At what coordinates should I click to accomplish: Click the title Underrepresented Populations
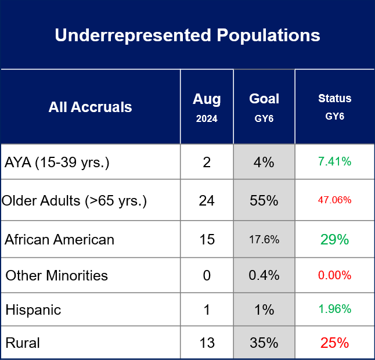187,35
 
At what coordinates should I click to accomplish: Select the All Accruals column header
90,107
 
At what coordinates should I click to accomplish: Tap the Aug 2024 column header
207,107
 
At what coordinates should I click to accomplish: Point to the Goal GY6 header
264,107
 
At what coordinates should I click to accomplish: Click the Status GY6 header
335,107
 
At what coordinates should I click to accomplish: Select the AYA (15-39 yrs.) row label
57,163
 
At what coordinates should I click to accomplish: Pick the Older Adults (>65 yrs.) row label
74,200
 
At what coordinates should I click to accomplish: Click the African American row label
59,239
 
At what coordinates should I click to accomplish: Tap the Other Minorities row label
57,275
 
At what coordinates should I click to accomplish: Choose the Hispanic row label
33,310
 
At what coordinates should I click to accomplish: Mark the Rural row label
23,343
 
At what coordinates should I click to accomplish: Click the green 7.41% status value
335,161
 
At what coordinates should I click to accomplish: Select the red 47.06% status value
335,200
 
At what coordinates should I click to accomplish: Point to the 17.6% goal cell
264,239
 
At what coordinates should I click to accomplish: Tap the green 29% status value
335,239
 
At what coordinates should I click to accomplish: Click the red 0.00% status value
335,275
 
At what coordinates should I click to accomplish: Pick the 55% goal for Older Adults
264,200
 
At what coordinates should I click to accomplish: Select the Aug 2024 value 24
207,200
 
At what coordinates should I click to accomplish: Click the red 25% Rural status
335,343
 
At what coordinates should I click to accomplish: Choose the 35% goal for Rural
264,343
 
